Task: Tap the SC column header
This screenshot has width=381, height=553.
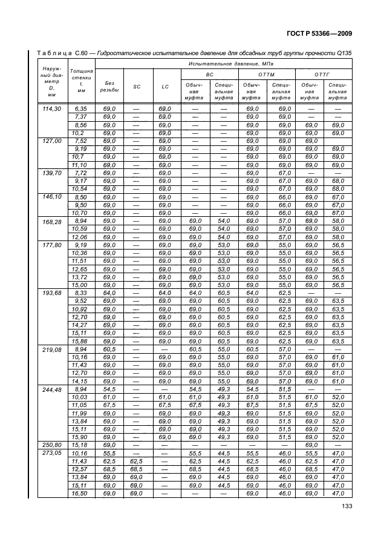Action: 137,87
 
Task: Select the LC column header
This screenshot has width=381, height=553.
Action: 165,87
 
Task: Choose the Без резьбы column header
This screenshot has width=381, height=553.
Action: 110,87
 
